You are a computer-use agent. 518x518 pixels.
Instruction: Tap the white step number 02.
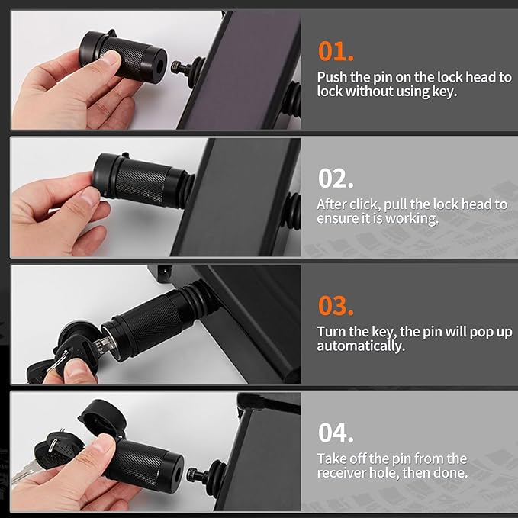336,178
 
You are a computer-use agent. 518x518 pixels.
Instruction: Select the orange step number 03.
336,305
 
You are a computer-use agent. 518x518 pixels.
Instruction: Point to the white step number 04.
336,433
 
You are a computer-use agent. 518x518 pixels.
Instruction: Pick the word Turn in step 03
331,332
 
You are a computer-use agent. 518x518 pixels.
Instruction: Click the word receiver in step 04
342,473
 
